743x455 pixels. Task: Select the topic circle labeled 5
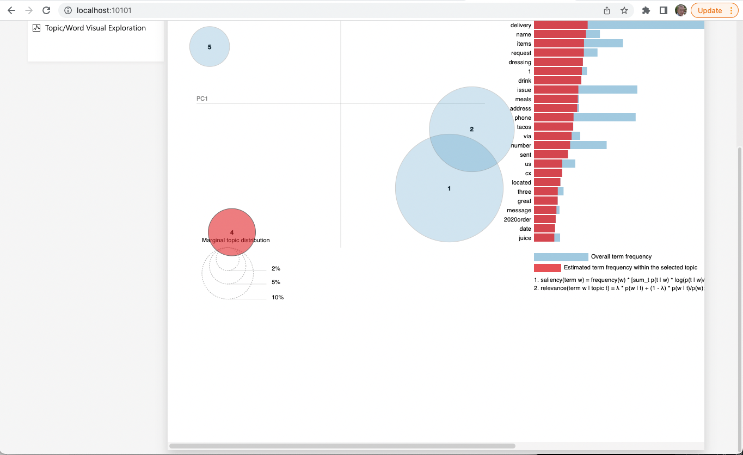(x=210, y=47)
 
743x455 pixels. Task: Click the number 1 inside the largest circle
(x=449, y=188)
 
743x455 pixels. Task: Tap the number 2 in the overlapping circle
(x=471, y=129)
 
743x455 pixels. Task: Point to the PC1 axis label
(x=202, y=99)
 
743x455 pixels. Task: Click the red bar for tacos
(x=553, y=127)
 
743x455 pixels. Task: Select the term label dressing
(x=519, y=62)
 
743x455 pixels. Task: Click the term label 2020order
(x=517, y=219)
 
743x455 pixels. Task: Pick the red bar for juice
(x=544, y=238)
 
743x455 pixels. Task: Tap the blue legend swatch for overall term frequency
(x=561, y=257)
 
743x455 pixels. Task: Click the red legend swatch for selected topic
(x=547, y=268)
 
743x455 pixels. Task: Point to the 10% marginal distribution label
(x=278, y=298)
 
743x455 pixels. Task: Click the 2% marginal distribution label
(x=276, y=269)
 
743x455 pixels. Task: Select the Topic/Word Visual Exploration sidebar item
(x=95, y=28)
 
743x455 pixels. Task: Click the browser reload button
(x=46, y=10)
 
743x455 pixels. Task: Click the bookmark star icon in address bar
(x=624, y=10)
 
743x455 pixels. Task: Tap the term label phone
(x=523, y=118)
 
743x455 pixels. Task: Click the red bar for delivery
(x=561, y=25)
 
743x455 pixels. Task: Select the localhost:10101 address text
(x=104, y=10)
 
